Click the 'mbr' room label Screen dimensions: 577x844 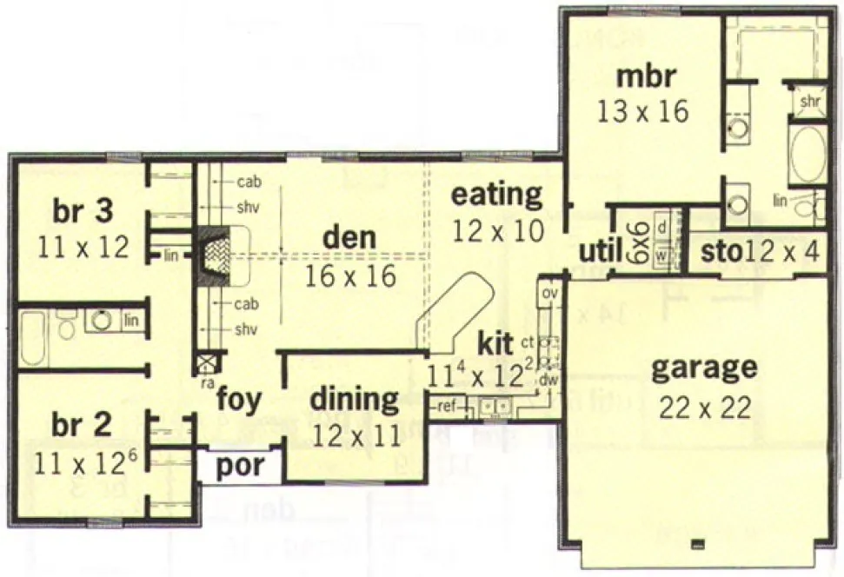(644, 76)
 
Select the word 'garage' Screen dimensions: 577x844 (703, 368)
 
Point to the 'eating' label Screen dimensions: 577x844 (495, 195)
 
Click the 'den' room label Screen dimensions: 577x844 (349, 236)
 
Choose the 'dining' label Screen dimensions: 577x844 (355, 400)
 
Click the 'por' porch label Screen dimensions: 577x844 (240, 465)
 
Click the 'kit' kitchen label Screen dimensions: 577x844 (495, 342)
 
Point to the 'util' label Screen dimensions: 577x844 (600, 252)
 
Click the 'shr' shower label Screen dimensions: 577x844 (809, 102)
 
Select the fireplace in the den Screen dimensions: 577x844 (213, 256)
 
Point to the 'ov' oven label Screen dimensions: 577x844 (549, 293)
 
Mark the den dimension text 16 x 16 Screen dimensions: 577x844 (349, 275)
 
